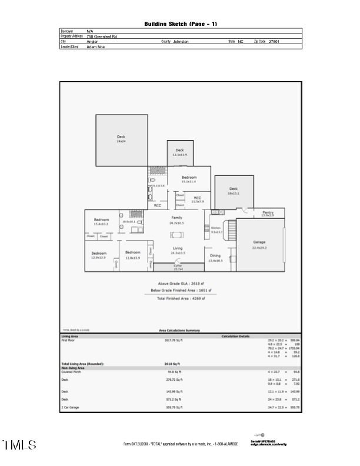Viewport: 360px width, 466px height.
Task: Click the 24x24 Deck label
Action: tap(121, 139)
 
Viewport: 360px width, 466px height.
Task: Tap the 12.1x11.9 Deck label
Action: tap(179, 152)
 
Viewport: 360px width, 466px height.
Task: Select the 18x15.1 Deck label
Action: tap(233, 191)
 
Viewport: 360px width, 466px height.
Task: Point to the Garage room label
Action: tap(259, 244)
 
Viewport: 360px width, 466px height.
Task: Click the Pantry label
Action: tap(268, 214)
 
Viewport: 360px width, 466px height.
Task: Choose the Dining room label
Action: tap(215, 257)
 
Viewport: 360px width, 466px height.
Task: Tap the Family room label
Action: tap(176, 220)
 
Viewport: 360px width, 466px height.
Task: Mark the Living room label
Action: tap(177, 251)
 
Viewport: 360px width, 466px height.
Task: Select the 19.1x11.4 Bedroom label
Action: tap(188, 179)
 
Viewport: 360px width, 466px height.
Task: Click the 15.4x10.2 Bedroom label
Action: tap(101, 222)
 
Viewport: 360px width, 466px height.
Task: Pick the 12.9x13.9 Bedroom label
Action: tap(98, 255)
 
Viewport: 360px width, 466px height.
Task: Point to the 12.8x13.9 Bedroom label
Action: tap(132, 255)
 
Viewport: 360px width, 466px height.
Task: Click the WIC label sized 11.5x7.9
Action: tap(197, 199)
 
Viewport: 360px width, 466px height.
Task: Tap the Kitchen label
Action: tap(216, 229)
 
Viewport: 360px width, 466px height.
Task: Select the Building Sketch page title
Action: tap(181, 24)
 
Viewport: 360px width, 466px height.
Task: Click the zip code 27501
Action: tap(274, 42)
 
